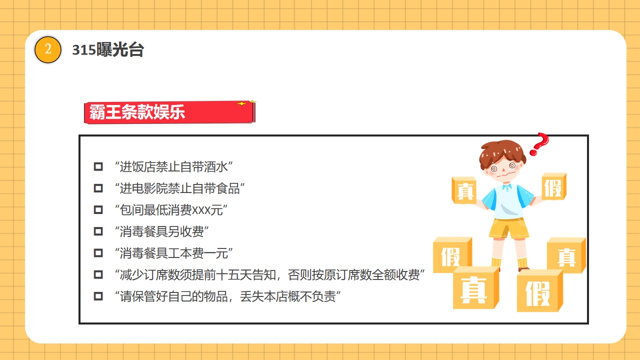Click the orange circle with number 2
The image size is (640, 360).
click(47, 49)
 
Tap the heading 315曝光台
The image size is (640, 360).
click(108, 49)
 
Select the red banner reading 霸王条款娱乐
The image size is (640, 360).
click(169, 112)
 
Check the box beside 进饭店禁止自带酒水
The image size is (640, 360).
click(98, 166)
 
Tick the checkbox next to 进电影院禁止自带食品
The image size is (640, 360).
click(98, 188)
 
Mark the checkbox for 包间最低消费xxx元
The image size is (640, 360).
click(98, 209)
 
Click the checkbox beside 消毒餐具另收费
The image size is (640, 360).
click(98, 231)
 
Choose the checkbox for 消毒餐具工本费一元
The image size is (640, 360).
click(98, 253)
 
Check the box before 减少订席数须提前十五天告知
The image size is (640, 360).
click(98, 274)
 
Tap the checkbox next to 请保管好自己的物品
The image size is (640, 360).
click(98, 296)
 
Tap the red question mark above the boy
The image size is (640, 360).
click(539, 144)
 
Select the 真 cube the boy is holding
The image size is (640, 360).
click(464, 190)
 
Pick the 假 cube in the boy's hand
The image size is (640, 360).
click(554, 186)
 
